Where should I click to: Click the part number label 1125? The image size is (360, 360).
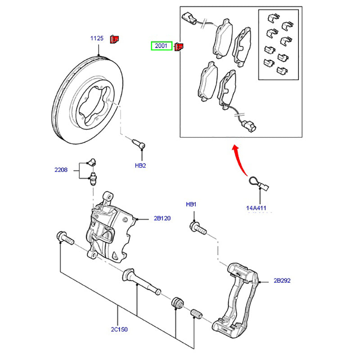tap(97, 39)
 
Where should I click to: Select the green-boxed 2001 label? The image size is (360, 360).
tap(161, 45)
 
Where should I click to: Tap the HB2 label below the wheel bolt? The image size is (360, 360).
tap(141, 166)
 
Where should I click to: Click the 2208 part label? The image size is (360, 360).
tap(61, 170)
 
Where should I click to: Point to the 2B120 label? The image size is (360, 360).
tap(162, 218)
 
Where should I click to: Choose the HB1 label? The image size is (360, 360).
tap(191, 204)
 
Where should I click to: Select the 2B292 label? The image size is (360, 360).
tap(282, 280)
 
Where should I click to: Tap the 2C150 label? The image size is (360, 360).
tap(119, 329)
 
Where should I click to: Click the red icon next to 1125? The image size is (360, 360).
tap(114, 39)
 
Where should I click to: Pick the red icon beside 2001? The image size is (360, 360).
tap(179, 46)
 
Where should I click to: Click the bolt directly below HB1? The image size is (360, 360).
tap(198, 228)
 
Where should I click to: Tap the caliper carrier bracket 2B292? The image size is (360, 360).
tap(236, 297)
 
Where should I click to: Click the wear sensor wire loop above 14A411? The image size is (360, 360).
tap(255, 182)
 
